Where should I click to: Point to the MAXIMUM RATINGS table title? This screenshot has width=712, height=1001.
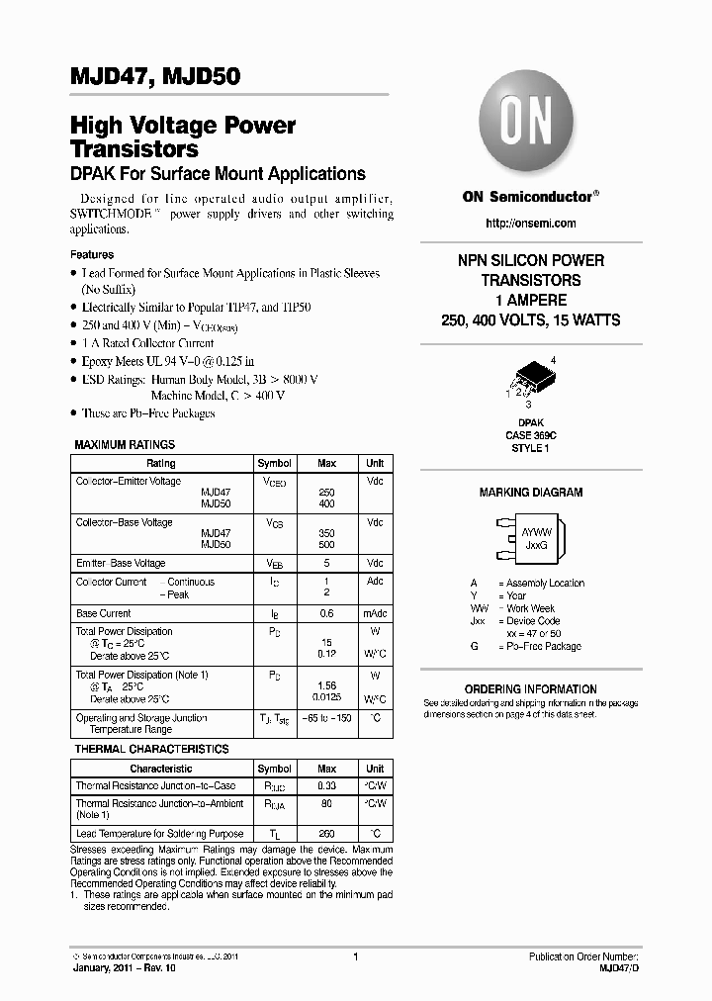(x=125, y=445)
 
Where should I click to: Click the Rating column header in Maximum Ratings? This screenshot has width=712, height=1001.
(x=160, y=463)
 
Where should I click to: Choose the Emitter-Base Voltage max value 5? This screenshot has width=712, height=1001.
(x=326, y=563)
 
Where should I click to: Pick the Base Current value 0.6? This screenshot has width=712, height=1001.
(x=326, y=613)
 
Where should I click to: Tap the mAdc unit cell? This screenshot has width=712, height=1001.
(x=375, y=613)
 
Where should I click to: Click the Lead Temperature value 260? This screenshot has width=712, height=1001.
(x=326, y=834)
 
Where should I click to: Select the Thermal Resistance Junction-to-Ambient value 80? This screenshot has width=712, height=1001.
(x=326, y=804)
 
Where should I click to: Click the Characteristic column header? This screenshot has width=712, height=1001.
(x=160, y=769)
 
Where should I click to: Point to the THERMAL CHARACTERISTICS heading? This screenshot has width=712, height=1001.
(x=151, y=750)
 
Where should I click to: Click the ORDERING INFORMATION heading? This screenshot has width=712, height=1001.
(x=531, y=689)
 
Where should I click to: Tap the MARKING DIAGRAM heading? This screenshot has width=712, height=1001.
(x=531, y=493)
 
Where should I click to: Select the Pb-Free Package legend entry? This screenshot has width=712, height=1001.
(x=539, y=646)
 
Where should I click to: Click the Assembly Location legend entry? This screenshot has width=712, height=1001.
(x=541, y=584)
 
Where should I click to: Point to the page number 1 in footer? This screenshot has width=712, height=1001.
(x=355, y=956)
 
